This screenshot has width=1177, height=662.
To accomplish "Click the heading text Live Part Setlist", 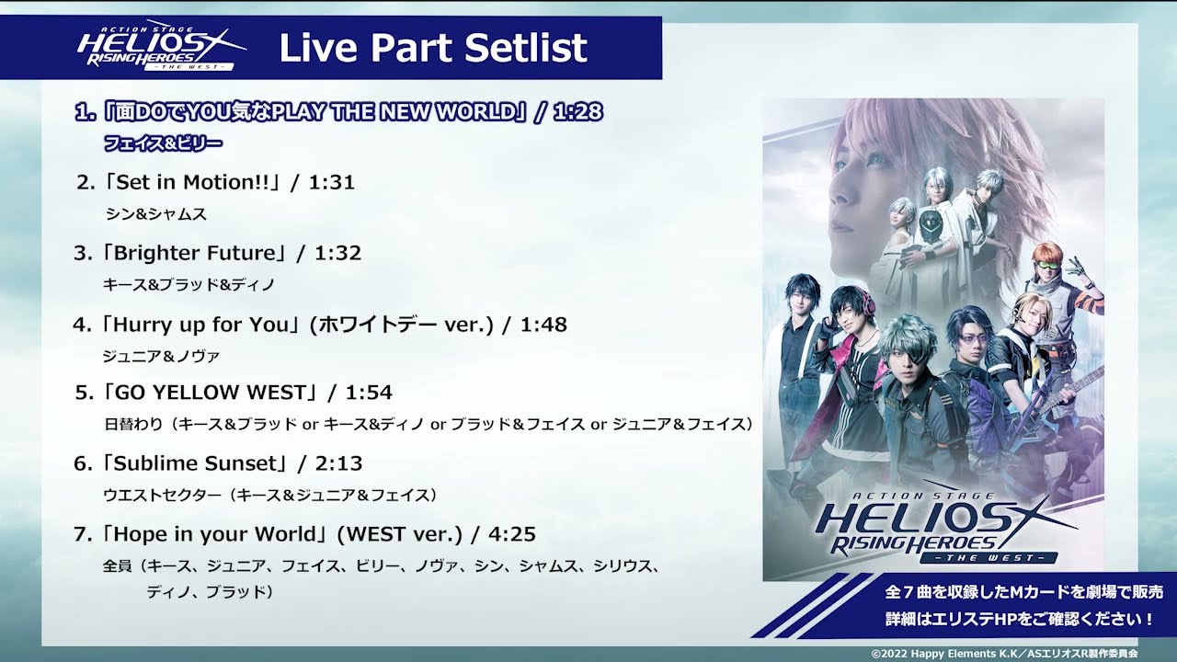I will (x=432, y=48).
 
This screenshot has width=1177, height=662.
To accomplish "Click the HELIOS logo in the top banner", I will (x=162, y=48).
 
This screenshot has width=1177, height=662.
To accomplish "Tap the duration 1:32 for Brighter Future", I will (x=337, y=253).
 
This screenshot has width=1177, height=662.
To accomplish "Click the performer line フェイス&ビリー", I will (x=164, y=143).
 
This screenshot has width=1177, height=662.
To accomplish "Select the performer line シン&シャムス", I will (x=155, y=213).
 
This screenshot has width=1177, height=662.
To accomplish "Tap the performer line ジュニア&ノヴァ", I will (x=161, y=355).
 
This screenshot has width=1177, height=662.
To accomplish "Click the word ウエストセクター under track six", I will (x=163, y=495).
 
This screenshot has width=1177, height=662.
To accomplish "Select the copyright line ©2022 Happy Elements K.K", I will (x=1004, y=653).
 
